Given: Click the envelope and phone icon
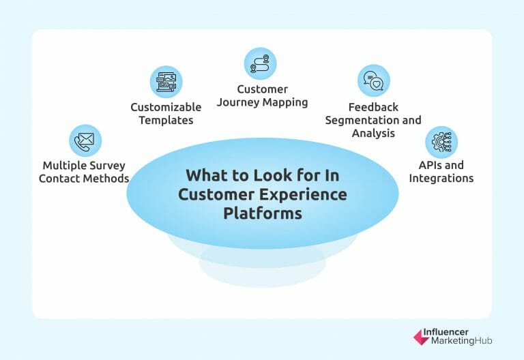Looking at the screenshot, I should click(85, 140).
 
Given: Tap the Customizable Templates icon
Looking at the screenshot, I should click(166, 82).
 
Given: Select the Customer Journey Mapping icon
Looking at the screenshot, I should click(260, 63).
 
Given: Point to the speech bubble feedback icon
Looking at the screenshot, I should click(373, 81).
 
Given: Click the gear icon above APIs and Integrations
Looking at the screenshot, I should click(441, 142).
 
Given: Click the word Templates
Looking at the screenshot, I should click(166, 120).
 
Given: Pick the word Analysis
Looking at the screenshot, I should click(373, 133).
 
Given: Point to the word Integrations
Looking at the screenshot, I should click(441, 179).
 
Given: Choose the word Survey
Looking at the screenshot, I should click(108, 166).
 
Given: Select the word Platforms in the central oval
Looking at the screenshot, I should click(262, 213).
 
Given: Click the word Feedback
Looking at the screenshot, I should click(373, 107).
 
